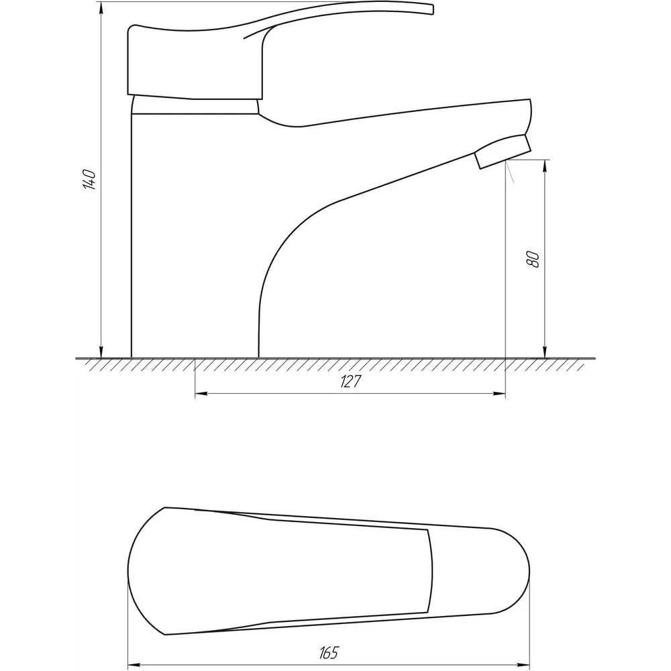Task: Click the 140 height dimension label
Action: point(89,180)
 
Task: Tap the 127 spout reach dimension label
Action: point(351,382)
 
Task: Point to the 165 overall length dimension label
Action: point(328,652)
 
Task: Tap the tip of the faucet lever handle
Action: point(432,9)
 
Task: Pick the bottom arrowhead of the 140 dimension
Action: point(101,351)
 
